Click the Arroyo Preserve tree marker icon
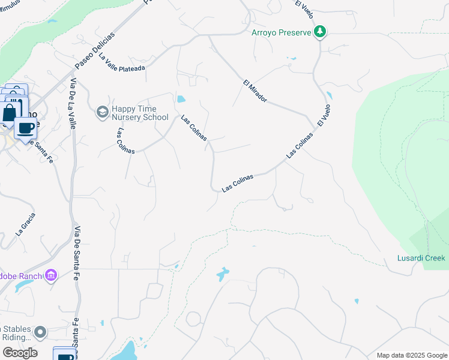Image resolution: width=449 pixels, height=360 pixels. point(320,31)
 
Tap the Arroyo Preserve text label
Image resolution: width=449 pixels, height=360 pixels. point(282,32)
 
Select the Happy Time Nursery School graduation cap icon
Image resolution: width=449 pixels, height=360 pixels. point(101,112)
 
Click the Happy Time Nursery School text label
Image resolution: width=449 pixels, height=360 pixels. point(140,112)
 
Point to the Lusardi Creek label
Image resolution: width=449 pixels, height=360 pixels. point(421,258)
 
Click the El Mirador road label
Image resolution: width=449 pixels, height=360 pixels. point(255,91)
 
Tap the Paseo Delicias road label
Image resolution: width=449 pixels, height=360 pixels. point(94,50)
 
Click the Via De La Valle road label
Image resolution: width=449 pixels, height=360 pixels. point(73,103)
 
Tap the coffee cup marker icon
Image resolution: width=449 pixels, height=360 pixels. point(25,128)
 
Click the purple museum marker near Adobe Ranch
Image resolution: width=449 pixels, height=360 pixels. point(52,275)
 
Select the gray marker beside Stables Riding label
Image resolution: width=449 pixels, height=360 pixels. point(40,332)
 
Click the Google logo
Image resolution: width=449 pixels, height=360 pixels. point(20,353)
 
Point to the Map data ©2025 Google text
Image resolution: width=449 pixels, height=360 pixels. point(411,355)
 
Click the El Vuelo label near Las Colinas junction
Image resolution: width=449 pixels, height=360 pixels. point(324,115)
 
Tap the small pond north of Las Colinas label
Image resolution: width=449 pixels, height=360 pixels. point(181,99)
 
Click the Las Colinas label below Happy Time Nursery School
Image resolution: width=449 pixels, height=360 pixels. point(126,141)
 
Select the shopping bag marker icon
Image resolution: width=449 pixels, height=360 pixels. point(10,113)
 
